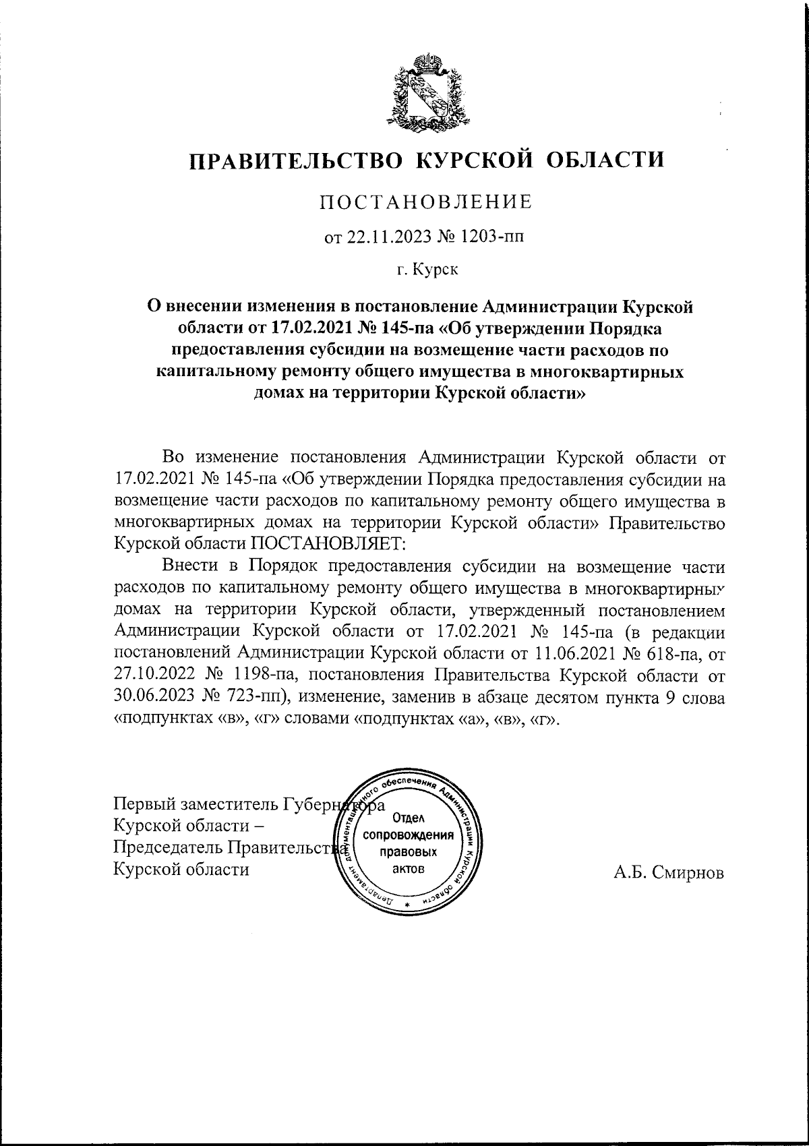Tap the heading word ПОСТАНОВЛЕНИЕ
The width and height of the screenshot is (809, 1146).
click(425, 202)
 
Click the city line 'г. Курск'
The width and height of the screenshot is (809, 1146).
click(427, 271)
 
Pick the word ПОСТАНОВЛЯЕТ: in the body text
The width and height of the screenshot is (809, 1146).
click(330, 544)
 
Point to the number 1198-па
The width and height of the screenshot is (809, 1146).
click(264, 675)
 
